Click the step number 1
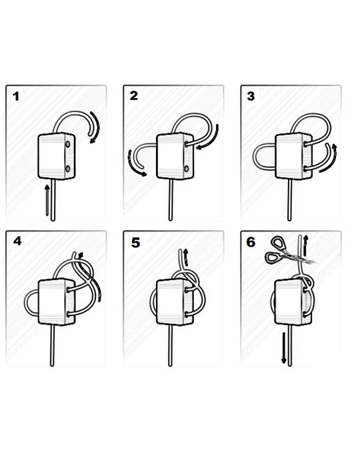tap(16, 97)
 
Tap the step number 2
tap(134, 96)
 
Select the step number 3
tap(251, 96)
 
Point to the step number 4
tap(17, 242)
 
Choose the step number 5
tap(135, 242)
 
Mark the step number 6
tap(251, 242)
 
